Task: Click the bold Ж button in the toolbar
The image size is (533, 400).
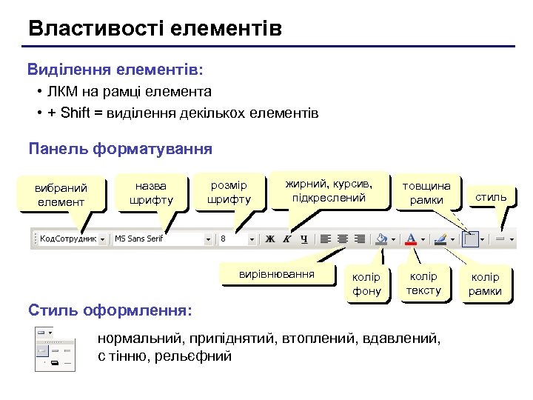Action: (270, 239)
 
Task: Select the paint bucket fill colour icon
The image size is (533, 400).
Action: (382, 239)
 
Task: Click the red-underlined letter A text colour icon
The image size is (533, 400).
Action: (412, 239)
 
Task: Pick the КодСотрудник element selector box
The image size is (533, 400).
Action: (67, 239)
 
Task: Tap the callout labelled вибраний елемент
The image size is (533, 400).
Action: (61, 195)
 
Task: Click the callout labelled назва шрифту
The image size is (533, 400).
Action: (151, 193)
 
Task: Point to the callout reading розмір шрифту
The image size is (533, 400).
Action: (229, 192)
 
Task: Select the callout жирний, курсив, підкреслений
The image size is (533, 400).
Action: (329, 190)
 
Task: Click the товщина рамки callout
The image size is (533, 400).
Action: (426, 193)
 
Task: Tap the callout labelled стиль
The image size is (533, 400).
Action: (491, 197)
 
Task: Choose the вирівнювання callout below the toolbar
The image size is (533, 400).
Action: (276, 275)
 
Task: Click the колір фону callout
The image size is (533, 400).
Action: (367, 284)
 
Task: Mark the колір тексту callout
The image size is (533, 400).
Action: (424, 283)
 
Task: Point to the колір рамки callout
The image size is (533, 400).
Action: (485, 284)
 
